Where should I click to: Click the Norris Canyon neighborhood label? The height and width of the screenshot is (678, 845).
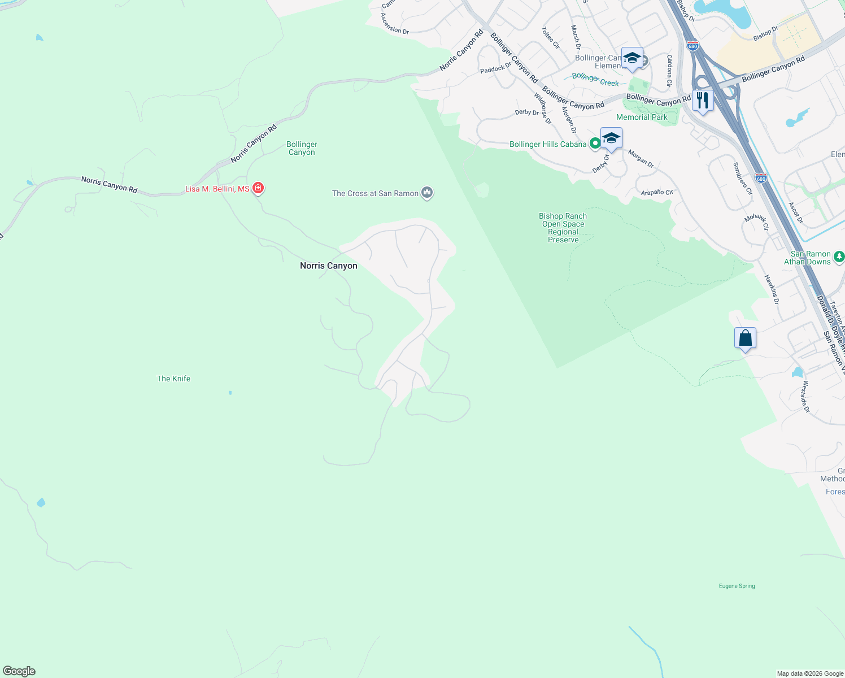click(x=328, y=266)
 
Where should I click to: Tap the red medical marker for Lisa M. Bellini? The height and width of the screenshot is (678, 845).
click(x=258, y=188)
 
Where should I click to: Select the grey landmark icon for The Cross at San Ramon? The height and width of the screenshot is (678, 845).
click(x=427, y=193)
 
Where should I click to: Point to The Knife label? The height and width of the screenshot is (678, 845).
click(x=173, y=379)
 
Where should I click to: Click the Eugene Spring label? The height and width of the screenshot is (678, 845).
click(x=737, y=586)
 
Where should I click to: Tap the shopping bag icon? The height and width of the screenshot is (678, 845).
click(x=745, y=338)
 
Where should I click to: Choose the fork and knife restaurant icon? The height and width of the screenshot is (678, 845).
click(x=702, y=101)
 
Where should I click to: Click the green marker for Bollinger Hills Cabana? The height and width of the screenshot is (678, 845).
click(x=595, y=144)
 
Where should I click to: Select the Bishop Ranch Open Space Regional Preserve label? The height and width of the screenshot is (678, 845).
click(x=563, y=228)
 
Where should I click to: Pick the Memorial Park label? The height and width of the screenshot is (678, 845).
click(x=642, y=117)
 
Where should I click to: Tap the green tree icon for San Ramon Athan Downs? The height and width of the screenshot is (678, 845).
click(x=839, y=255)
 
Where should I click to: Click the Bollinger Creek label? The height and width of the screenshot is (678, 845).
click(x=595, y=79)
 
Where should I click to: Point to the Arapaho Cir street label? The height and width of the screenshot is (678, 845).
click(x=657, y=193)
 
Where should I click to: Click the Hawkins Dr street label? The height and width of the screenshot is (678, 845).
click(x=772, y=289)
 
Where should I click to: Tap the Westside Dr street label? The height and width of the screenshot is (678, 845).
click(x=805, y=396)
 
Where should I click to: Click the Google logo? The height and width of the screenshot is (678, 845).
click(x=19, y=671)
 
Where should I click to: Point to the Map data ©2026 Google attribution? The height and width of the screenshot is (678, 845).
click(x=810, y=673)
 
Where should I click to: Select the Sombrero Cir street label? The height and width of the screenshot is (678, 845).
click(x=743, y=179)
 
